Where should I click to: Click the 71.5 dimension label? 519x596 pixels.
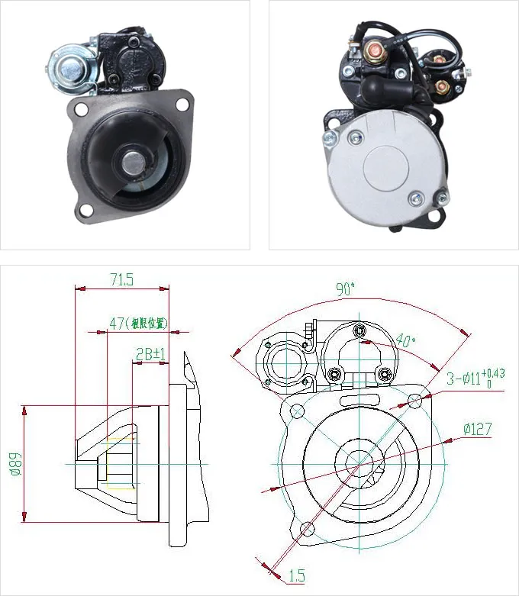(121, 280)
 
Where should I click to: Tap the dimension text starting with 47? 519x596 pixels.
(137, 324)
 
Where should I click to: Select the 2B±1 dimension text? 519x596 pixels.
(150, 354)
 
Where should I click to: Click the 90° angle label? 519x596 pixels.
(346, 289)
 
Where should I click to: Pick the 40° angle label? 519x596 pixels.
(406, 341)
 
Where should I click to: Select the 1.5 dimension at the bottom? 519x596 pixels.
(295, 573)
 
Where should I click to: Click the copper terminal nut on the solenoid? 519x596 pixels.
(376, 53)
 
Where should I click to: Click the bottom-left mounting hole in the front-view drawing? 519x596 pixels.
(307, 528)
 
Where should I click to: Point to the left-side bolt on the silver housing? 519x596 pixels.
(330, 137)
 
